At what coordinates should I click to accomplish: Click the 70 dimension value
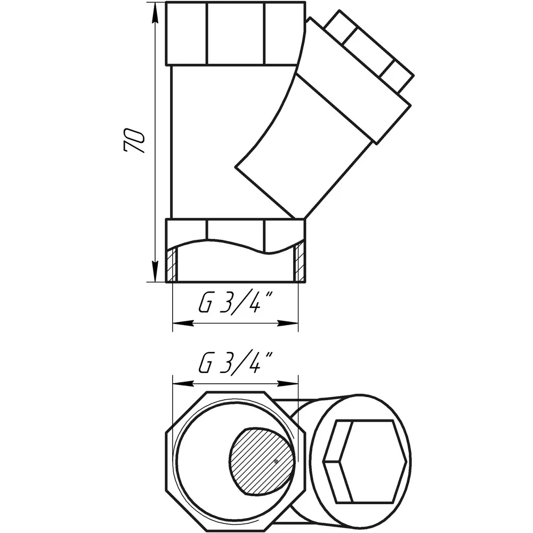(134, 140)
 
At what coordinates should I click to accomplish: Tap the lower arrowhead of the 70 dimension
(155, 272)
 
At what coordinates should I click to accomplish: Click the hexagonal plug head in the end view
(365, 461)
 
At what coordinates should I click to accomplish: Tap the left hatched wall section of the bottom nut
(172, 264)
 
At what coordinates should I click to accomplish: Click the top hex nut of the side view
(236, 33)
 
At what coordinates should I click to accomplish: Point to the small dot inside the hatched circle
(276, 461)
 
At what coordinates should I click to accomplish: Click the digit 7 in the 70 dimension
(134, 147)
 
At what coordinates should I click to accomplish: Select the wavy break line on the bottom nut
(236, 246)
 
